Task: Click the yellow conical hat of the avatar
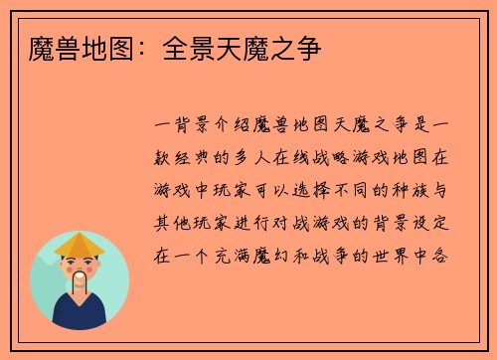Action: (80, 243)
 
